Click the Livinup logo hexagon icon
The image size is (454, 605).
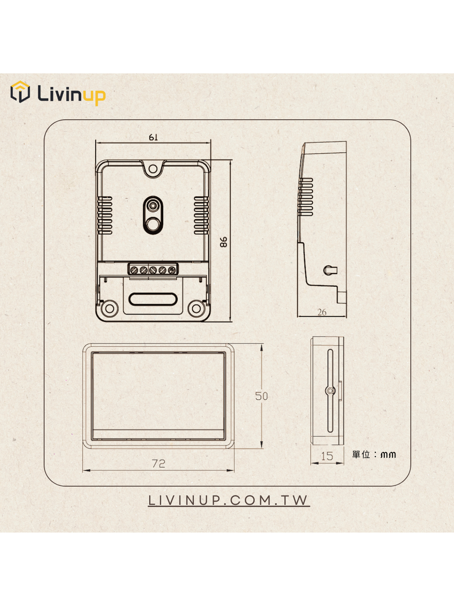pos(20,91)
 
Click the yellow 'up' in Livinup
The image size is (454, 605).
pos(95,96)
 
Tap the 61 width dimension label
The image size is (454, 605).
pos(153,137)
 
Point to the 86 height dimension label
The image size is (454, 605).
pos(223,242)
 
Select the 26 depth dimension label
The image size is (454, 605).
pos(322,312)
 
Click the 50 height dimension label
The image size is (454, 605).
pos(261,396)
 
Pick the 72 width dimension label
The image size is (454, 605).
pos(158,464)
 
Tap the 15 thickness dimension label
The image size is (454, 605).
pos(327,457)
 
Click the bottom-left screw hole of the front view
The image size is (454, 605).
pos(110,308)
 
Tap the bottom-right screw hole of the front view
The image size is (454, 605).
pos(196,308)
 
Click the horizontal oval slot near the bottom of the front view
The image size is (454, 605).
pos(153,299)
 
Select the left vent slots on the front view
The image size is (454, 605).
pos(105,215)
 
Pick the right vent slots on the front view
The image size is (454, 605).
pos(201,215)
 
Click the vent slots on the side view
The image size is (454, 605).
pos(306,196)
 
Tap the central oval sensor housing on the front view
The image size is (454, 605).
pos(153,215)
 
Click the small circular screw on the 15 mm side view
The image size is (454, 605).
pos(330,391)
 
